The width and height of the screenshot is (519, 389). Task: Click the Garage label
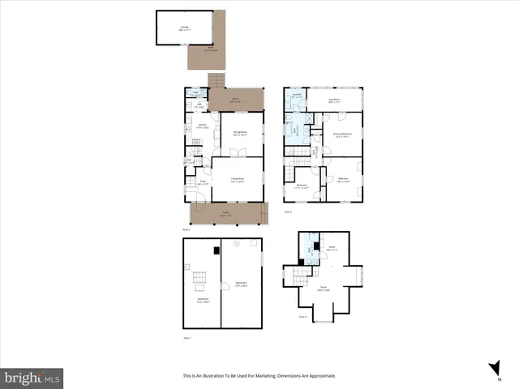point(185,27)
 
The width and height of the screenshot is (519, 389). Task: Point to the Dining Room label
point(240,132)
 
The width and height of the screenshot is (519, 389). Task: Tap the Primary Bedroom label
point(341,135)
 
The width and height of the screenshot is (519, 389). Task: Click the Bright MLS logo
point(32,377)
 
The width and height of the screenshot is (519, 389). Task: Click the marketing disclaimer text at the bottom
point(259,376)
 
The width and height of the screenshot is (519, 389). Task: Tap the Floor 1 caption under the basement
point(187,336)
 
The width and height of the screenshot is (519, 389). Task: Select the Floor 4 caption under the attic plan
point(302,317)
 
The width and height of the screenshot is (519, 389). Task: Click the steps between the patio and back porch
point(216,80)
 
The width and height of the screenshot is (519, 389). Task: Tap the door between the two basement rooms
point(223,284)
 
